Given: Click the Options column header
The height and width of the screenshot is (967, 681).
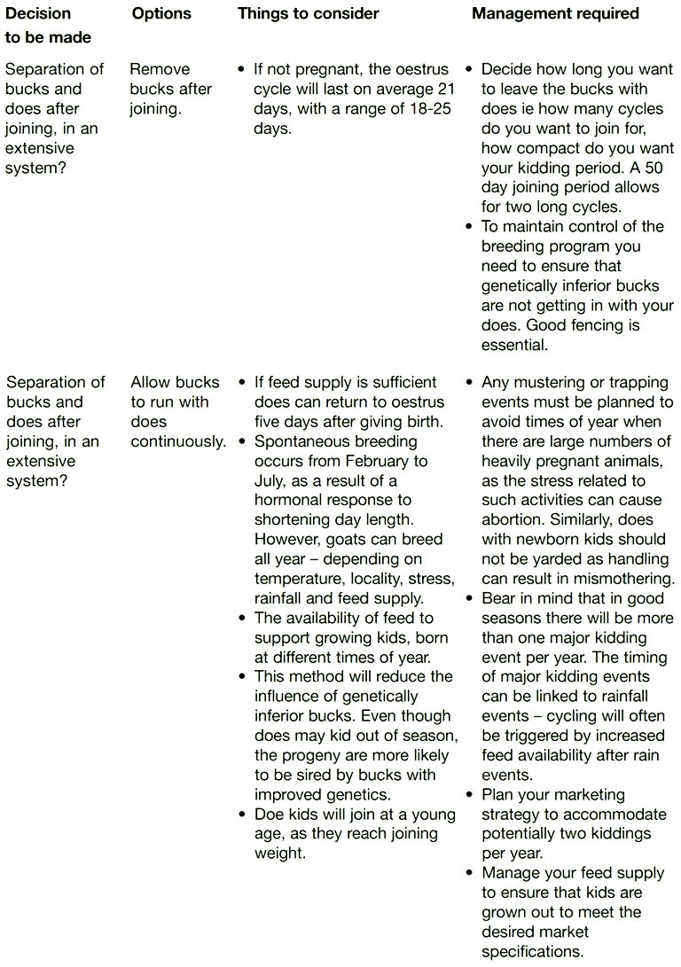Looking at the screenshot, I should click(161, 13).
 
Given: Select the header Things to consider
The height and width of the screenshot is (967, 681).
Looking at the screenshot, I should click(308, 13).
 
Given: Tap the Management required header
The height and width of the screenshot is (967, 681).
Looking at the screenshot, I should click(555, 13).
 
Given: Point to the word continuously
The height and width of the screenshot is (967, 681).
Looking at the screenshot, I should click(178, 441).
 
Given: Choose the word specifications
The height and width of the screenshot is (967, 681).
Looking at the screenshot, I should click(532, 952).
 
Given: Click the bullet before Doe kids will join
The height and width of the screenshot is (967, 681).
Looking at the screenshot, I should click(242, 815).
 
